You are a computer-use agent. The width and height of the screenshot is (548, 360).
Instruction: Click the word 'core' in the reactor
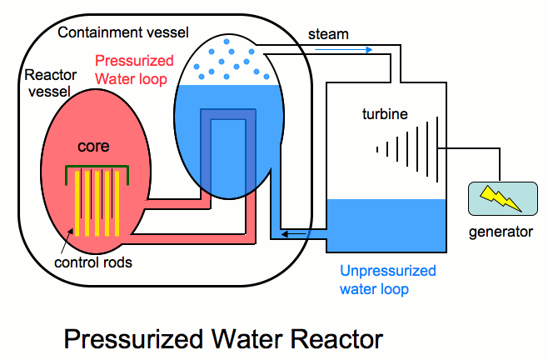93,146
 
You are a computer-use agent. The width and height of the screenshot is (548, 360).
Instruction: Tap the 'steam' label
328,34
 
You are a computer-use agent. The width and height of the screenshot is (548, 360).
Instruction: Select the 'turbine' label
385,113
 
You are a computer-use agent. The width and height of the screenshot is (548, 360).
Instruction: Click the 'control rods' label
93,262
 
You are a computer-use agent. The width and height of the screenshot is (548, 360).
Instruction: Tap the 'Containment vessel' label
124,32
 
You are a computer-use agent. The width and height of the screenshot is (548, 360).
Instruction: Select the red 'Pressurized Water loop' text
135,69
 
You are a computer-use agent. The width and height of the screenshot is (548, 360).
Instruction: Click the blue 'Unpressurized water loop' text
387,280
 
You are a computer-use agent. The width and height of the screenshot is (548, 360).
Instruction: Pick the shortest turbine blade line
376,149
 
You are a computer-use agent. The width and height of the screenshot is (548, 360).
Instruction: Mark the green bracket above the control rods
97,170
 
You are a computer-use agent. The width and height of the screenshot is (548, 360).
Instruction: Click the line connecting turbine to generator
475,151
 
